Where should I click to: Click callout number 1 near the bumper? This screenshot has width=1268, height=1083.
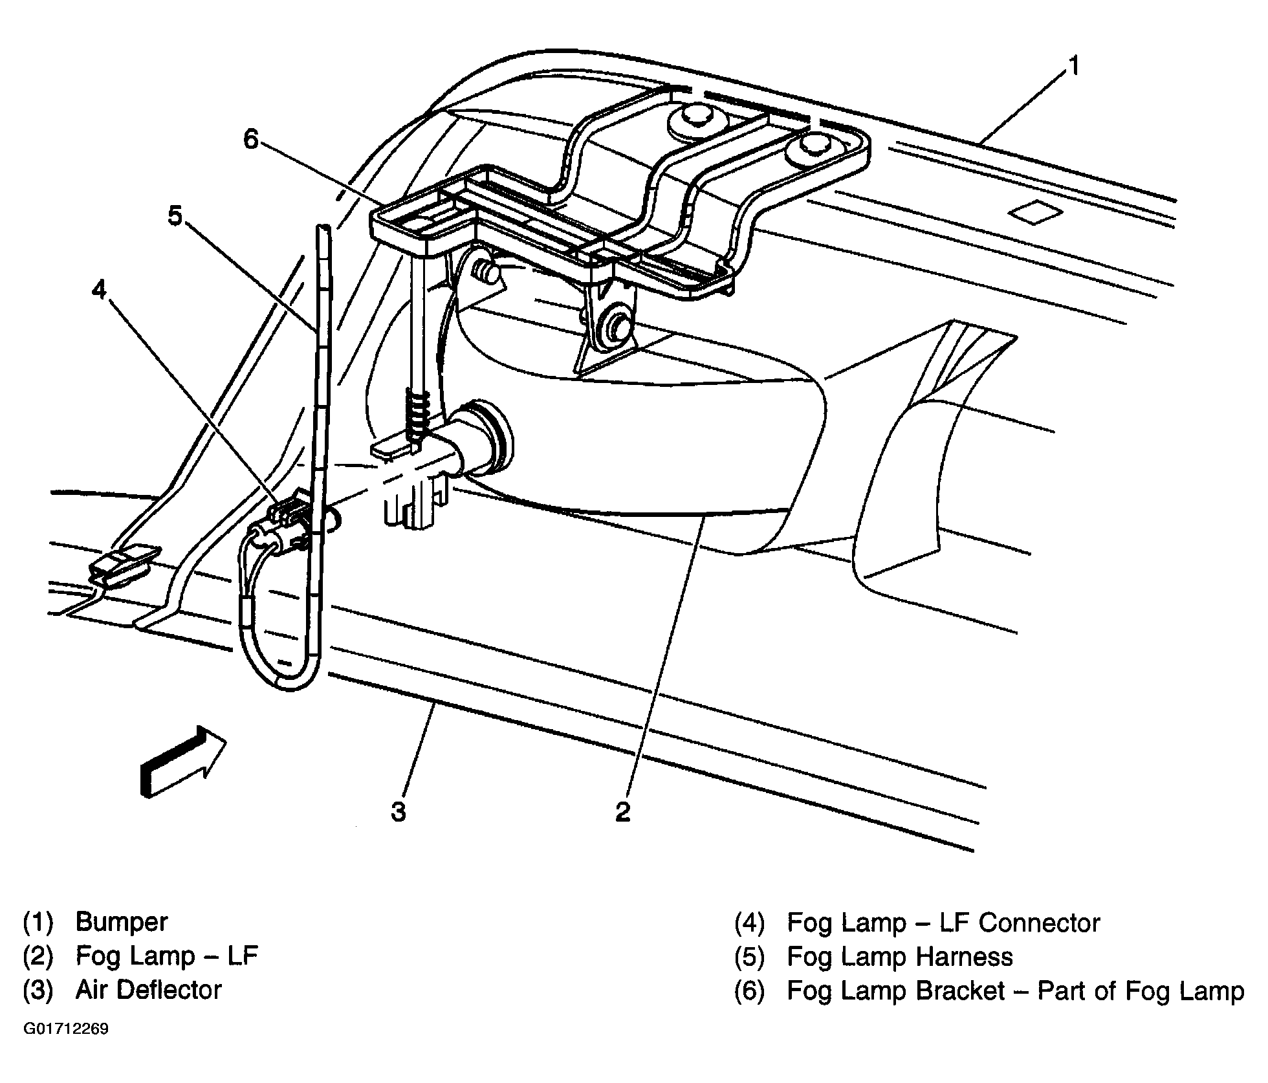1073,67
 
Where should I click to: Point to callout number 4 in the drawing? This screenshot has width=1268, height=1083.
98,290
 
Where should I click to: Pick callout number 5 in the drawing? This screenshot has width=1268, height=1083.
175,216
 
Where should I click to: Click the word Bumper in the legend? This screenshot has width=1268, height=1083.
122,921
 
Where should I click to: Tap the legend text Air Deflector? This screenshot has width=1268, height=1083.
149,990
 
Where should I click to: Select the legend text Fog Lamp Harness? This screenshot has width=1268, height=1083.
899,956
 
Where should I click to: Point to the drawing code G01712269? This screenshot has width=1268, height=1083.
66,1029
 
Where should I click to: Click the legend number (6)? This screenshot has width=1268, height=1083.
749,991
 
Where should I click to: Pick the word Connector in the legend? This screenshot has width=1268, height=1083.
1039,923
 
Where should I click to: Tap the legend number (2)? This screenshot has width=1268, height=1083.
38,956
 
